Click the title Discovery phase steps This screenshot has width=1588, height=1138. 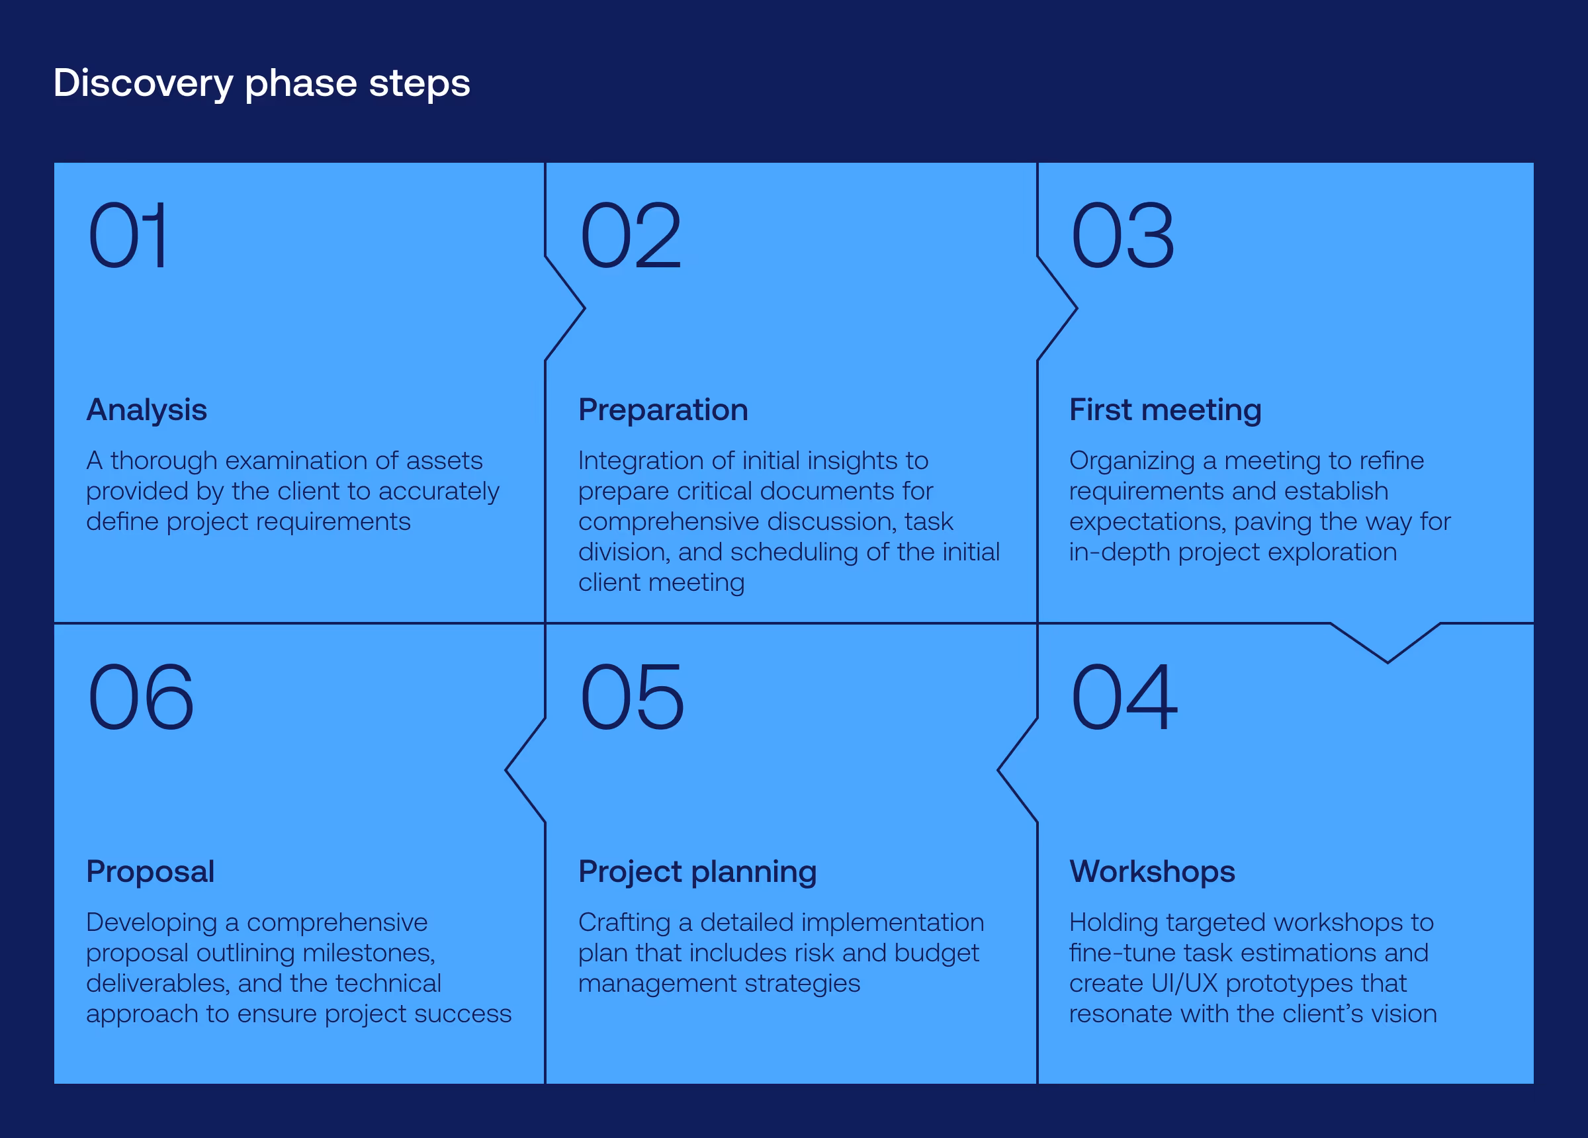click(x=261, y=83)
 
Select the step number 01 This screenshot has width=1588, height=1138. click(x=128, y=236)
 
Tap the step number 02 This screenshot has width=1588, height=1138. click(x=630, y=236)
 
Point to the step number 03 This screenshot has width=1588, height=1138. click(x=1122, y=236)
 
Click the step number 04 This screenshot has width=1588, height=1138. click(x=1124, y=697)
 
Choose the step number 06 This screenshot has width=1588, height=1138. click(x=140, y=697)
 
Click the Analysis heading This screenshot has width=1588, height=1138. click(x=146, y=410)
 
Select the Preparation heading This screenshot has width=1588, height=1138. click(x=662, y=410)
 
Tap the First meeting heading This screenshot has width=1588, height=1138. click(x=1165, y=410)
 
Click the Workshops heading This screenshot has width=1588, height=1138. click(x=1152, y=871)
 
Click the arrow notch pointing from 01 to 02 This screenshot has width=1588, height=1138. click(x=566, y=308)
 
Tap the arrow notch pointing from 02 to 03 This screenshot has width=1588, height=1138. click(x=1058, y=308)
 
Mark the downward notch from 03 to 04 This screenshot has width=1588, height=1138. click(x=1386, y=643)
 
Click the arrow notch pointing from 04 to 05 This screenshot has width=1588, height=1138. click(x=1017, y=770)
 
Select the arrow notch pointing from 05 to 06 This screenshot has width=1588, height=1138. click(x=525, y=770)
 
